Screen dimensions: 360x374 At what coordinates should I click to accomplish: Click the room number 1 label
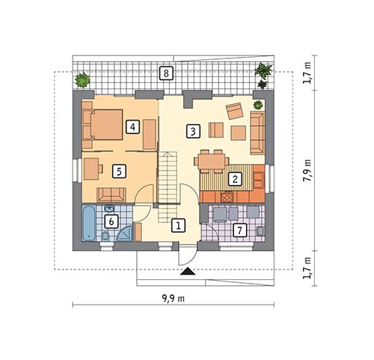click(x=177, y=224)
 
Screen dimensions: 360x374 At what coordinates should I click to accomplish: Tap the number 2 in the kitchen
click(x=235, y=179)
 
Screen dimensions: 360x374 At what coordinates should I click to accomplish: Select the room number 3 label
click(x=192, y=131)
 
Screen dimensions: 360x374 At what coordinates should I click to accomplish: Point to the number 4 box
click(x=132, y=126)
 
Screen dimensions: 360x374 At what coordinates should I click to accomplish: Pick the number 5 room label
click(x=117, y=171)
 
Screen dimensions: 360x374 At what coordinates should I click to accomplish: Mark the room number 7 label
click(x=239, y=230)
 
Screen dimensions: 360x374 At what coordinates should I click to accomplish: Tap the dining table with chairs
click(x=211, y=159)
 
